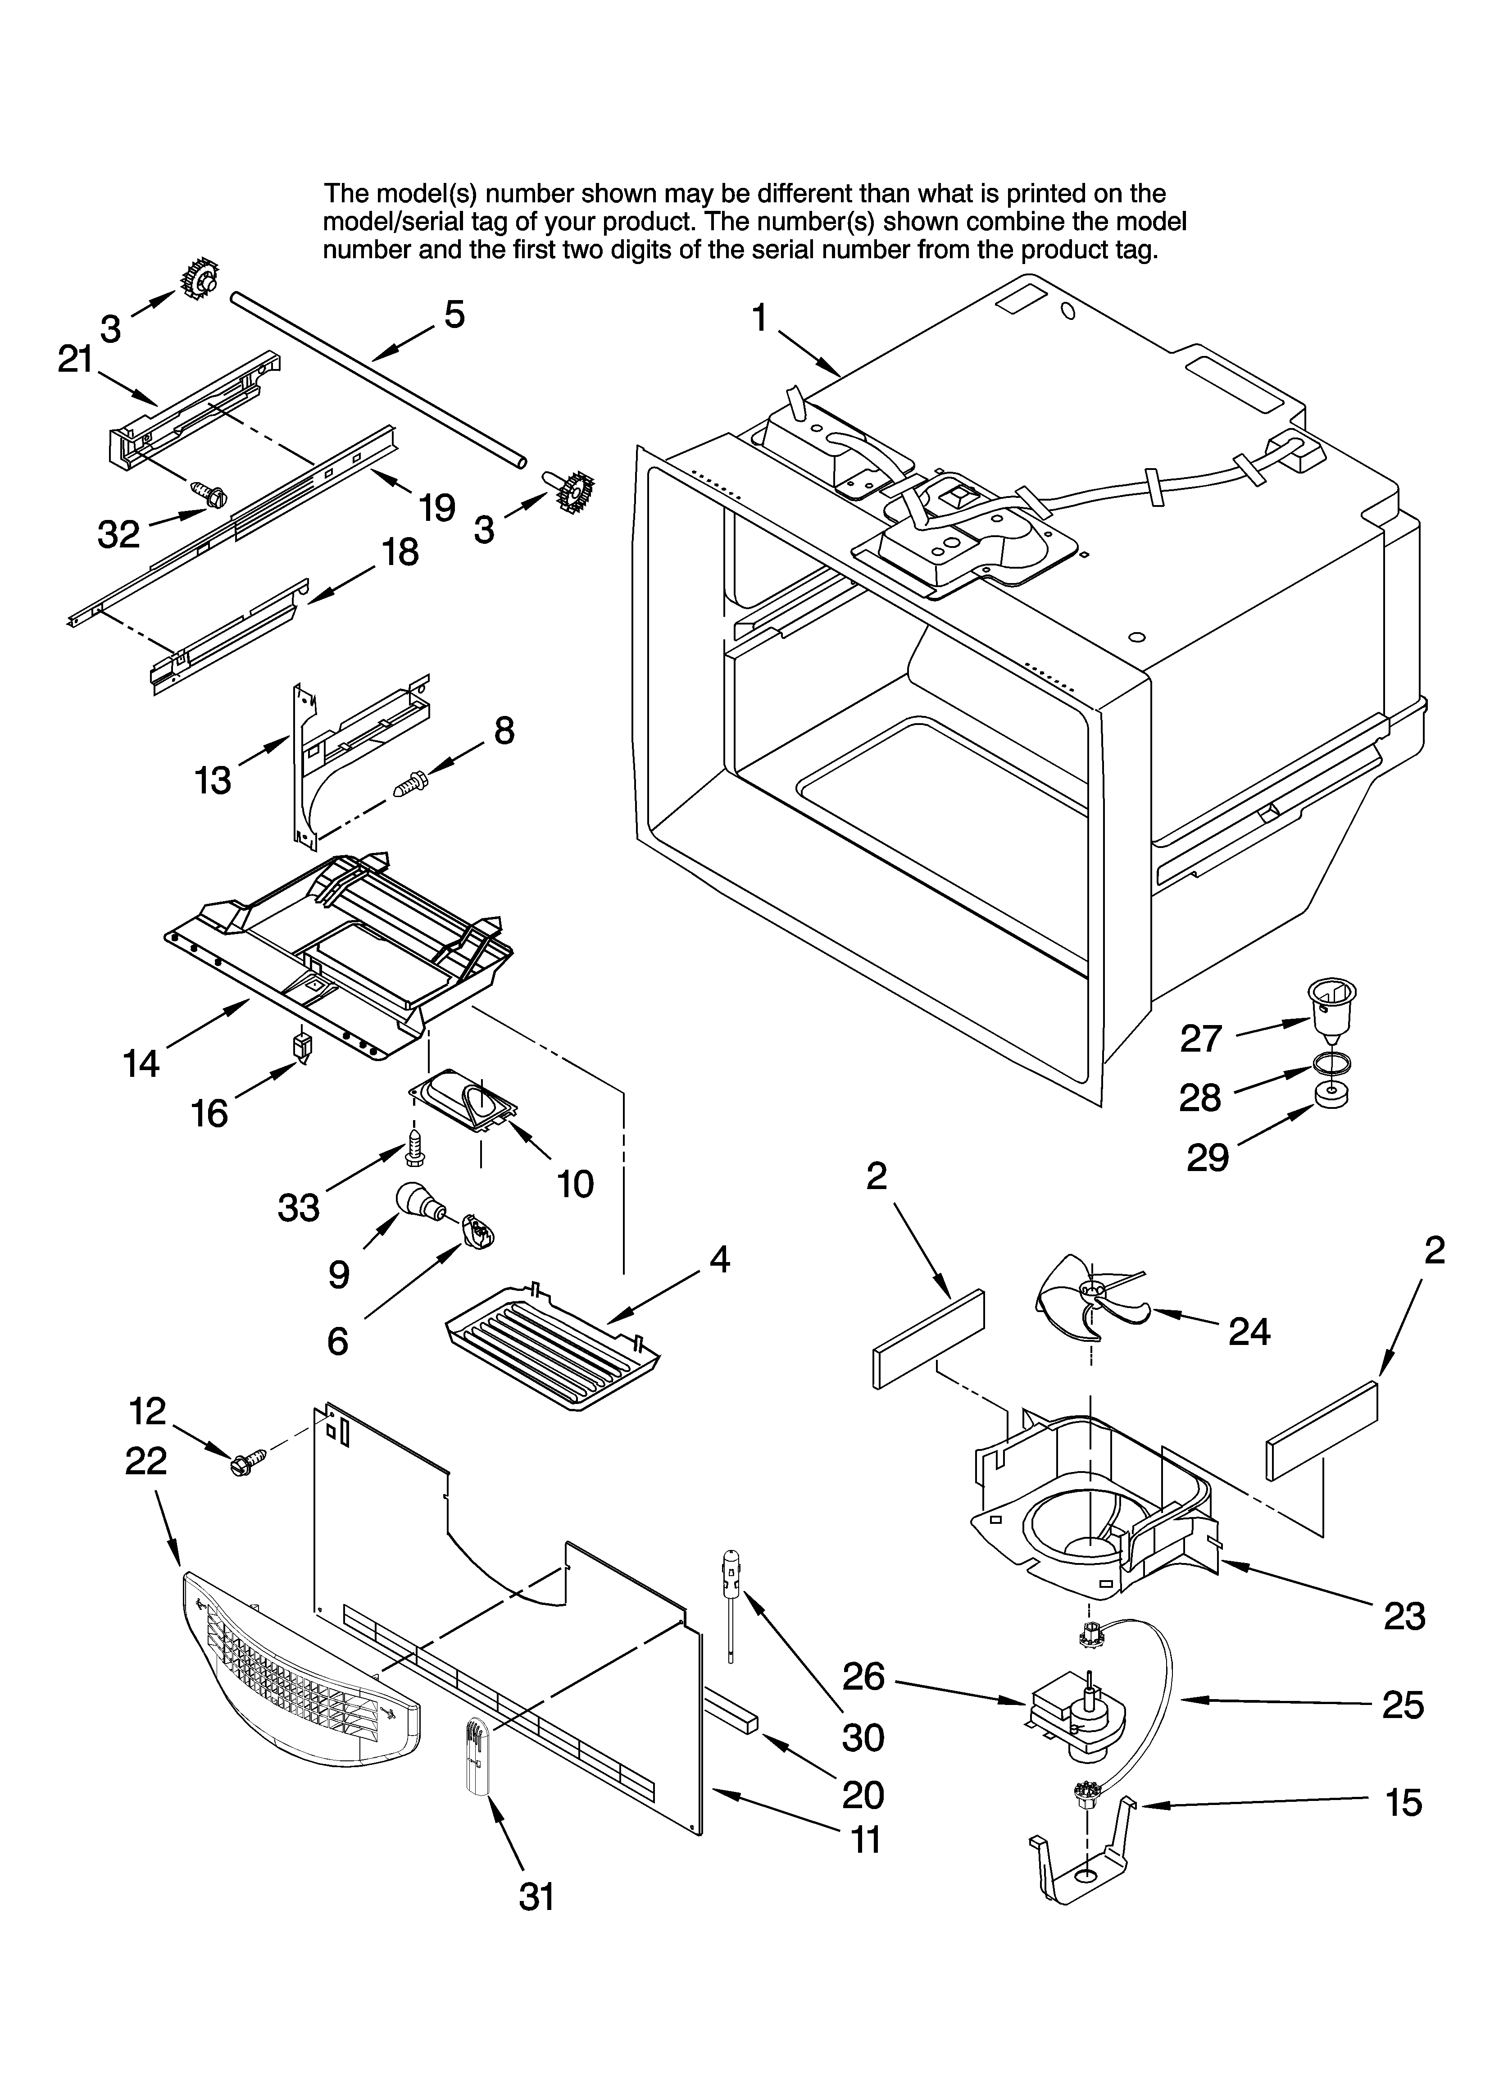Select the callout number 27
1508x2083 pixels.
pos(1200,1039)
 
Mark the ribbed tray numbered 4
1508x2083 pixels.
pos(551,1359)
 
